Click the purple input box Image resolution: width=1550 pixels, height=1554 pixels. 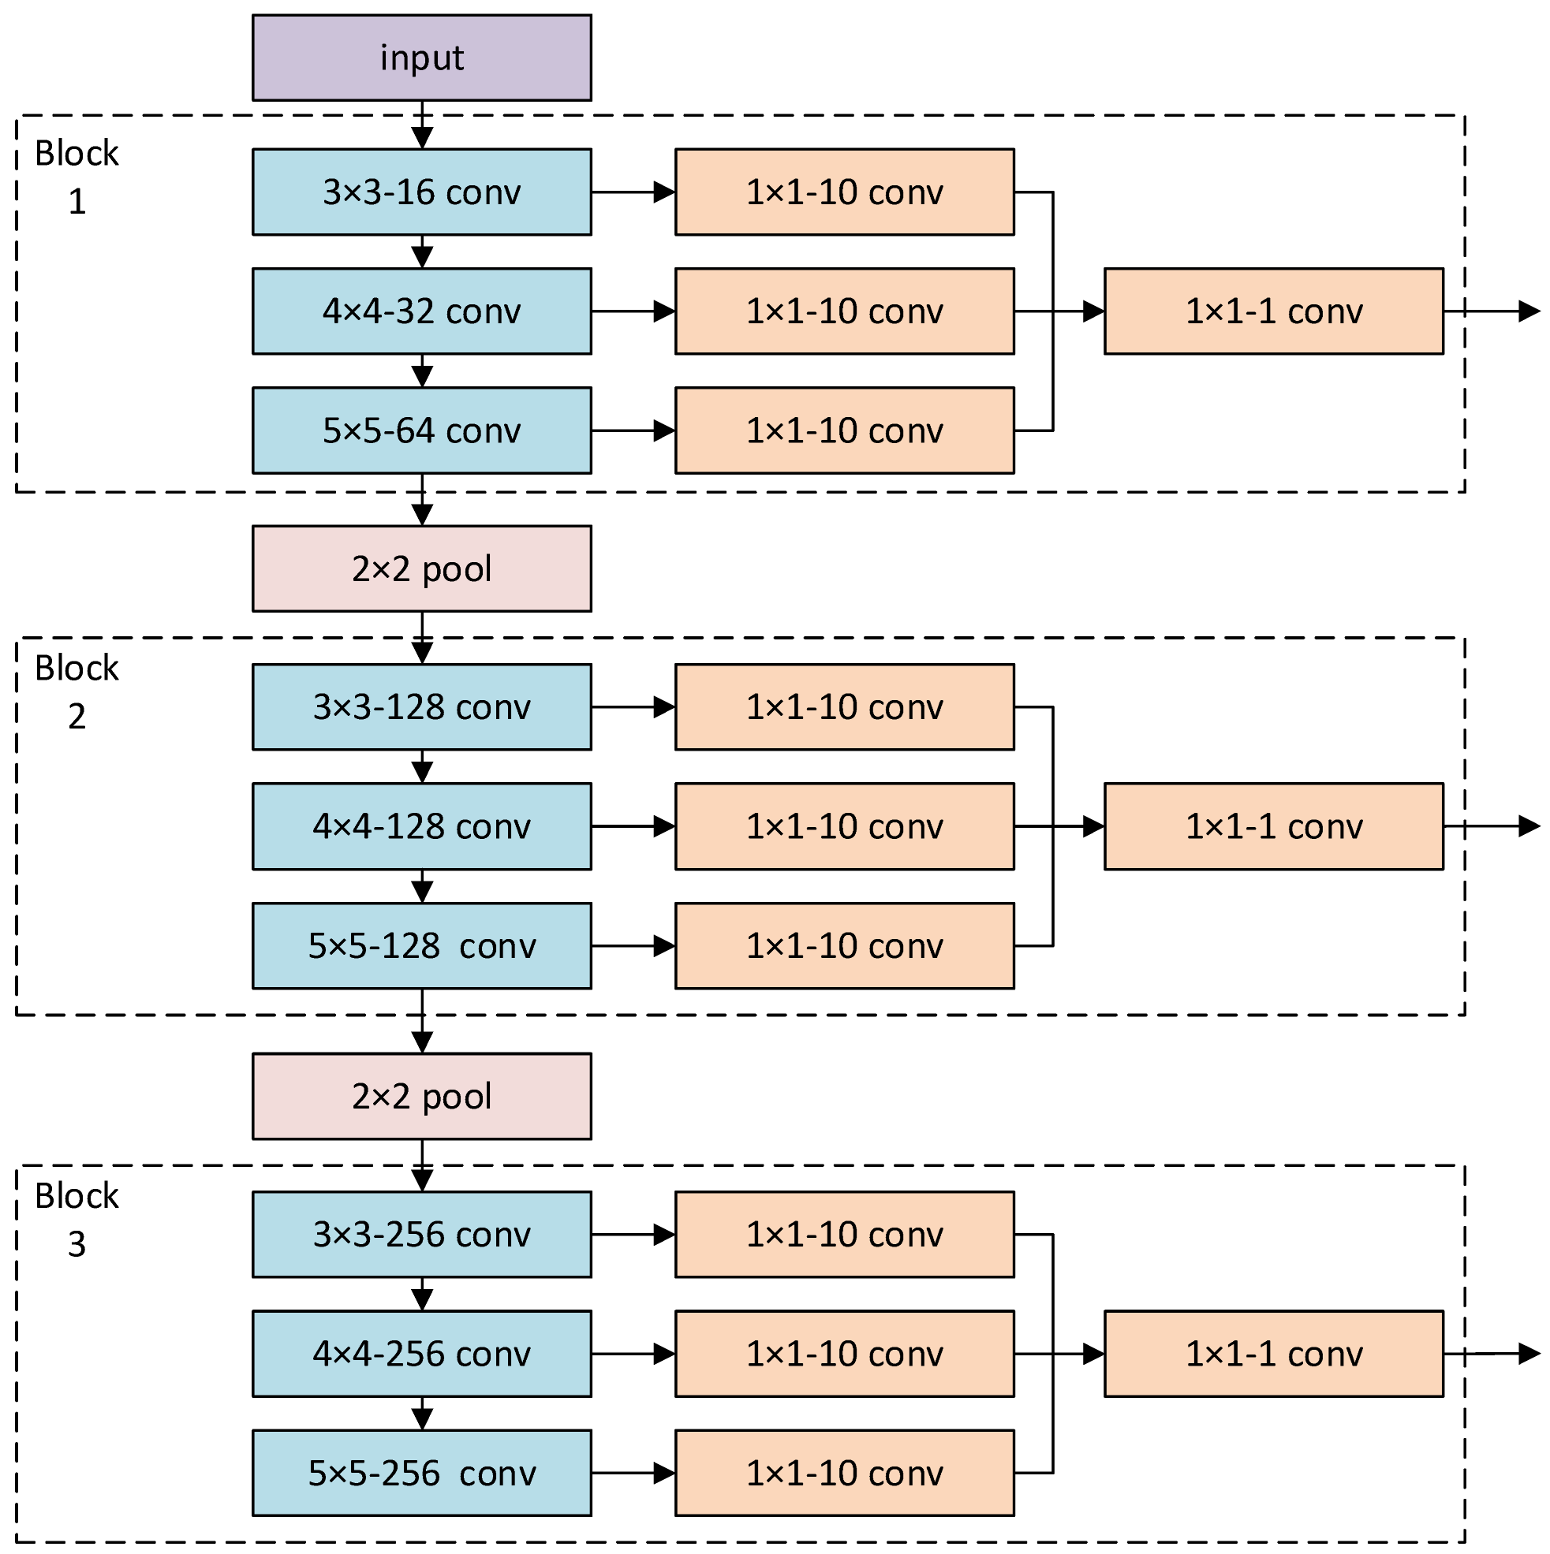pos(422,58)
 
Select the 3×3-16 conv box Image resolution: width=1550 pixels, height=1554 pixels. pos(422,192)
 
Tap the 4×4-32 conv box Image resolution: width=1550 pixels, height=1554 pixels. pos(422,311)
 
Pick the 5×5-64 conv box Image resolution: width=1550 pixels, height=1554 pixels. pos(422,430)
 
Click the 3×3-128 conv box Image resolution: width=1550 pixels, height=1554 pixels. pos(422,707)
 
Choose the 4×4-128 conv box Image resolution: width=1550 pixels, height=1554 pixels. pos(422,826)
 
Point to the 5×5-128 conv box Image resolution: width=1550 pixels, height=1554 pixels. pos(422,946)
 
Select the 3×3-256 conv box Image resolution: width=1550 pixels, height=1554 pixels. pos(422,1235)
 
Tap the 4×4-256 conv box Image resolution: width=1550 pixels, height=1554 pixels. pos(422,1354)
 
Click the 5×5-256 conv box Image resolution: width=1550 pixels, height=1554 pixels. pos(422,1473)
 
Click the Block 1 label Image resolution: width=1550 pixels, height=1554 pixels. pos(77,176)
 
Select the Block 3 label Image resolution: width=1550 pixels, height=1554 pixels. pos(77,1220)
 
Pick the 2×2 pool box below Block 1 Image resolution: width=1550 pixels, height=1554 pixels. pos(422,568)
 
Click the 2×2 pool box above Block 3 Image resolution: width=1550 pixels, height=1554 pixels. pos(422,1097)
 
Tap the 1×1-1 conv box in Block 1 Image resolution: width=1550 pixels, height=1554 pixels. pos(1273,311)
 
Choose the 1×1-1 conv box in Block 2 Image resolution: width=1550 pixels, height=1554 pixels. pos(1273,826)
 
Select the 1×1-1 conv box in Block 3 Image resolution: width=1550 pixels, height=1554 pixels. pos(1273,1354)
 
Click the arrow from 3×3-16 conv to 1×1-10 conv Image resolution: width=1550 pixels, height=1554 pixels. pos(633,192)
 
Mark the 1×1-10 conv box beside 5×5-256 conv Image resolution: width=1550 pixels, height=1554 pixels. pos(844,1473)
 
